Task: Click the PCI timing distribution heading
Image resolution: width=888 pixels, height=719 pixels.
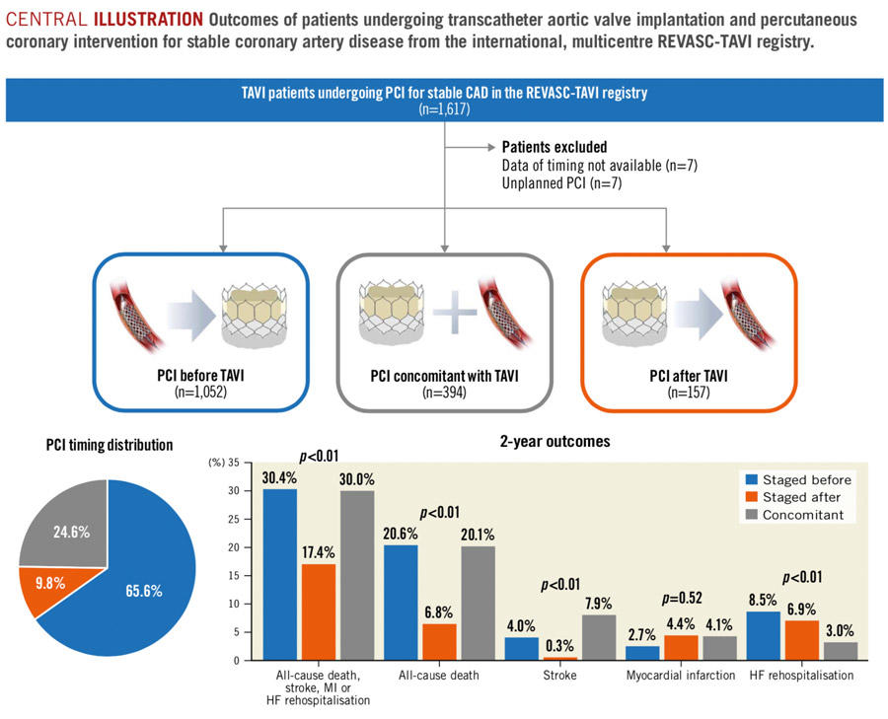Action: pyautogui.click(x=110, y=445)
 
